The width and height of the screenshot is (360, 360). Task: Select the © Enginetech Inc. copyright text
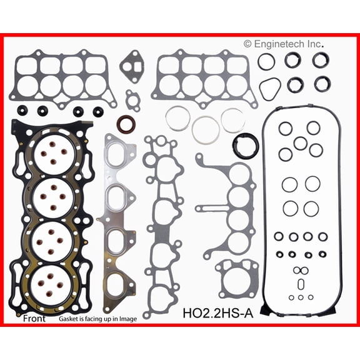284,44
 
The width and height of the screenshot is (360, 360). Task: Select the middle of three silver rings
206,129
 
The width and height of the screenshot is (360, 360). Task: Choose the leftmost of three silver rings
178,119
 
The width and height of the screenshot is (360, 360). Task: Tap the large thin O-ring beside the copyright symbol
266,61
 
